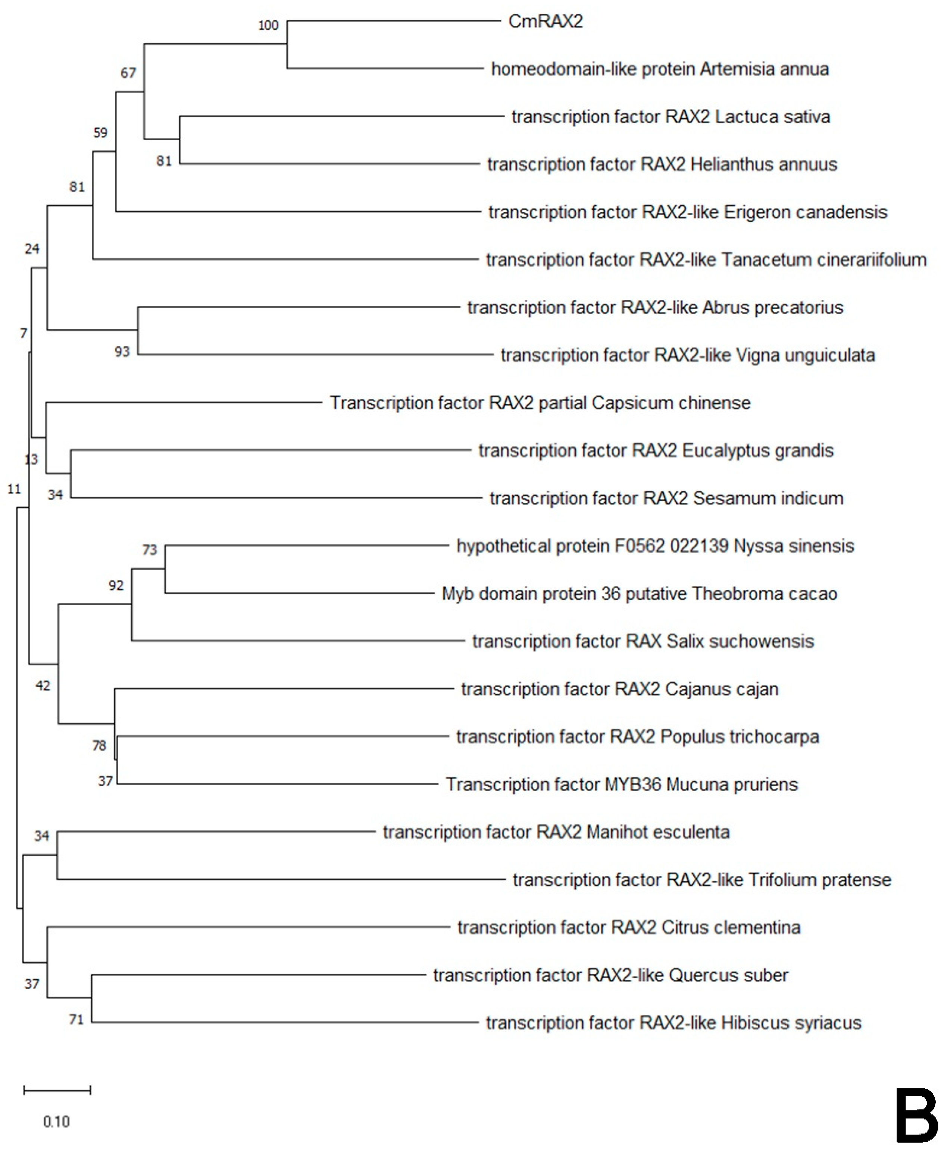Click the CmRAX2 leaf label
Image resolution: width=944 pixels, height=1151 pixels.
tap(545, 21)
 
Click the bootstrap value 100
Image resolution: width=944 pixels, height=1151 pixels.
tap(268, 25)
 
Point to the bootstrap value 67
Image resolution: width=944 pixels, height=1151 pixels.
tap(128, 73)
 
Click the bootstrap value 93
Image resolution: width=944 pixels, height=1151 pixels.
tap(122, 352)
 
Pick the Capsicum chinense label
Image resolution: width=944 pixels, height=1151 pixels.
tap(540, 403)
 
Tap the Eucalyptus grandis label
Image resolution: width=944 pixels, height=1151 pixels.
tap(655, 450)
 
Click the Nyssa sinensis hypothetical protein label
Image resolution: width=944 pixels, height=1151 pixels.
tap(655, 545)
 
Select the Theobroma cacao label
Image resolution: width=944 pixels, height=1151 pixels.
tap(639, 594)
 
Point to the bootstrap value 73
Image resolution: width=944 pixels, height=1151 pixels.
tap(150, 550)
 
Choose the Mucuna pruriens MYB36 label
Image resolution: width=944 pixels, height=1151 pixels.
tap(622, 784)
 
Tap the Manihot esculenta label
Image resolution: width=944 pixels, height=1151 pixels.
tap(556, 832)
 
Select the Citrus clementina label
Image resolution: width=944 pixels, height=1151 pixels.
tap(629, 927)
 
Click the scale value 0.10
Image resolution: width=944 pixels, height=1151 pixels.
tap(57, 1122)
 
